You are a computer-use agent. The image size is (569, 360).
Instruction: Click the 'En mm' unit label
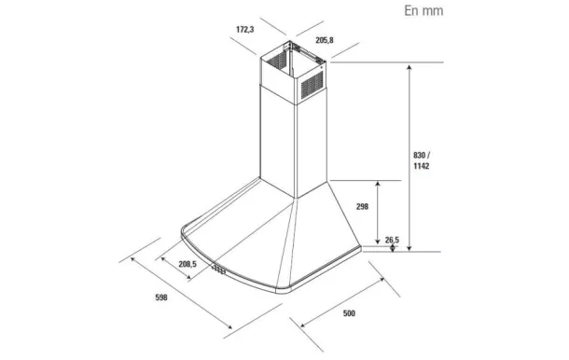pos(423,11)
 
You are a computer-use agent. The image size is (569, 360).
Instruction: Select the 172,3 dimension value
pos(244,30)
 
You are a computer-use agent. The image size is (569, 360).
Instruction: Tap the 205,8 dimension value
pos(325,40)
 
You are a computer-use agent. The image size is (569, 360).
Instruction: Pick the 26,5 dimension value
pos(392,240)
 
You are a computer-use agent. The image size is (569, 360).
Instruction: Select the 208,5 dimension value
pos(187,265)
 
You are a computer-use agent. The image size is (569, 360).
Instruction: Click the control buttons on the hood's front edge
pos(219,270)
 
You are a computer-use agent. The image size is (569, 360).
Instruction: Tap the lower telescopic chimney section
pos(280,140)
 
